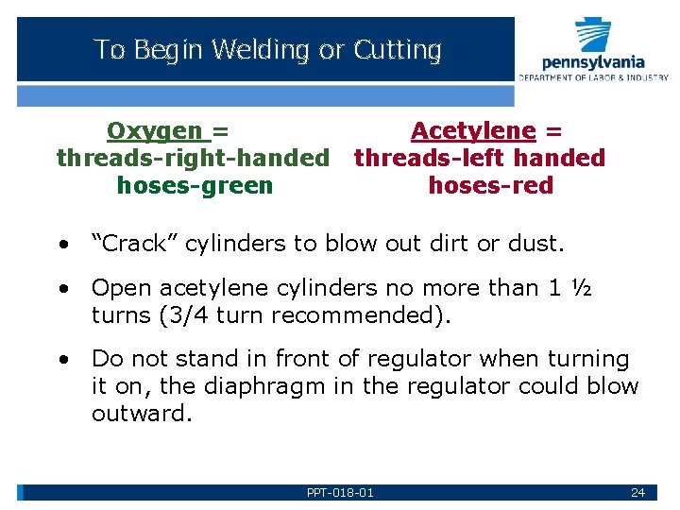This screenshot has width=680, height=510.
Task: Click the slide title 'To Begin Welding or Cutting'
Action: pos(267,50)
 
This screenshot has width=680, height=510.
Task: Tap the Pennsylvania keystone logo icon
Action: pos(593,36)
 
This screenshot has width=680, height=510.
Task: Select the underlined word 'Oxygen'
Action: pos(155,131)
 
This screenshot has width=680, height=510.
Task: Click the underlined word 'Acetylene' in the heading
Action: pos(473,131)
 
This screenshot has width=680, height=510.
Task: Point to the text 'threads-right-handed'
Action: pos(193,158)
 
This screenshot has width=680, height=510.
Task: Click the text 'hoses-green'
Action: pos(195,185)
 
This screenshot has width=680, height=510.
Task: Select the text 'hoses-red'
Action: pos(490,185)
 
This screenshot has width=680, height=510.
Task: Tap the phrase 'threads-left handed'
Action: pos(479,158)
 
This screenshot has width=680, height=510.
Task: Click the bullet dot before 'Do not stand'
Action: pos(61,360)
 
